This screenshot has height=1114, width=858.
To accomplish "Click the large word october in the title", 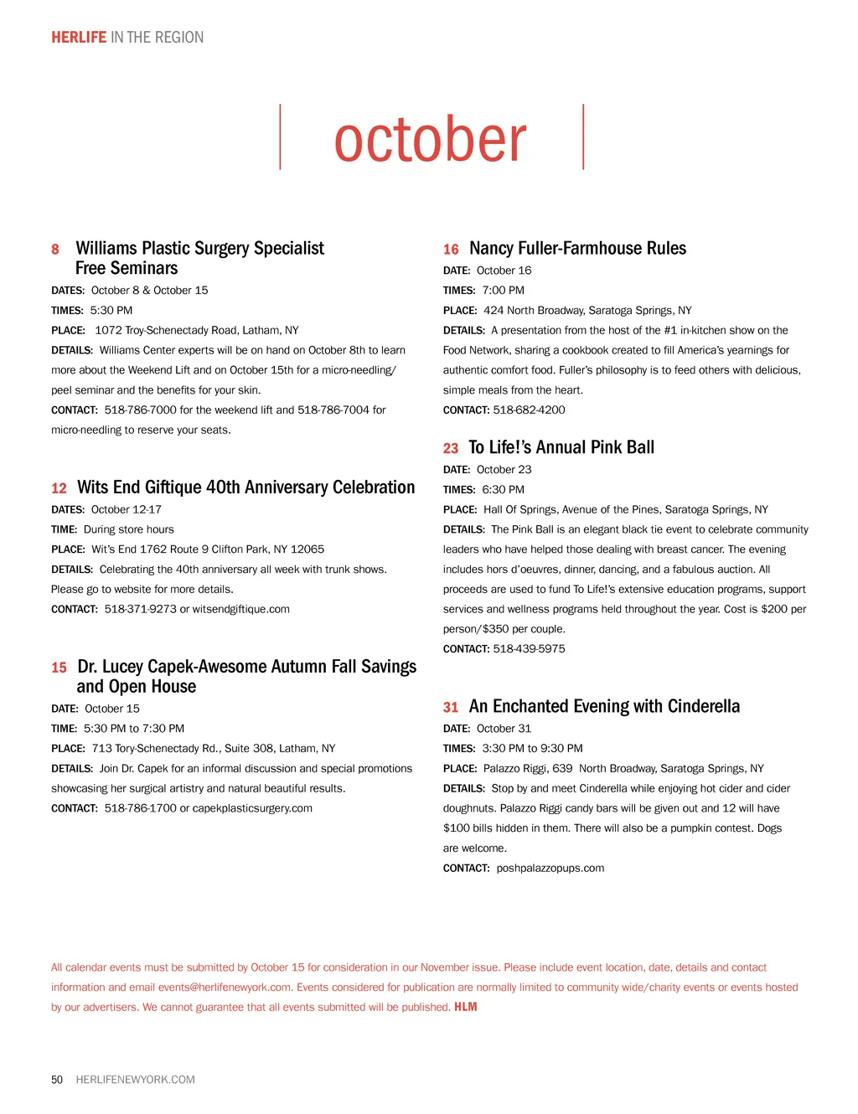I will (431, 139).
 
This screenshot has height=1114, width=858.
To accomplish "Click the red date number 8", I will (55, 250).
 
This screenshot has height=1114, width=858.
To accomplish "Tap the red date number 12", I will (59, 488).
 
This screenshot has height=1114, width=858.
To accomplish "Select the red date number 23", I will (451, 449).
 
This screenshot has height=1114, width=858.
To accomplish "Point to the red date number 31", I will (451, 708).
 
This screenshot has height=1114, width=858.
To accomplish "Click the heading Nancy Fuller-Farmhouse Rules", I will (577, 249).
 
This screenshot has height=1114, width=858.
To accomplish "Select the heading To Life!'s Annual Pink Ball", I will (561, 448).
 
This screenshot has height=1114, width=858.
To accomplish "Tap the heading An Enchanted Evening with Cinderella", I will (604, 707).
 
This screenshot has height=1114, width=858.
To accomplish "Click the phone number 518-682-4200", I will (529, 410).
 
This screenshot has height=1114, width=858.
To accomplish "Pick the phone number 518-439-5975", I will (529, 649).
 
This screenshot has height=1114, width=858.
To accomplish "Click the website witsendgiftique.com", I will (241, 610).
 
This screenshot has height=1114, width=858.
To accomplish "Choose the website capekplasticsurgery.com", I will (252, 809).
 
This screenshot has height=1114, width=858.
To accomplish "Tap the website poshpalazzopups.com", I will (550, 869).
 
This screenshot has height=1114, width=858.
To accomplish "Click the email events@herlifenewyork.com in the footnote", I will (225, 988).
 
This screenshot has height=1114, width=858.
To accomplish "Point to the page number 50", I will (57, 1080).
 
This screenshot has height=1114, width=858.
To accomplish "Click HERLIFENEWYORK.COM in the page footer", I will (135, 1080).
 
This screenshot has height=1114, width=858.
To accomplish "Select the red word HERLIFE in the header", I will (79, 38).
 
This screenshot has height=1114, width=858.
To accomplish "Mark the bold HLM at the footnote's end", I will (465, 1008).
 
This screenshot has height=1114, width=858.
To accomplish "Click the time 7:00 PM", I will (503, 291).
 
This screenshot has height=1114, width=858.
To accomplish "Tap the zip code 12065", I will (308, 549).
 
